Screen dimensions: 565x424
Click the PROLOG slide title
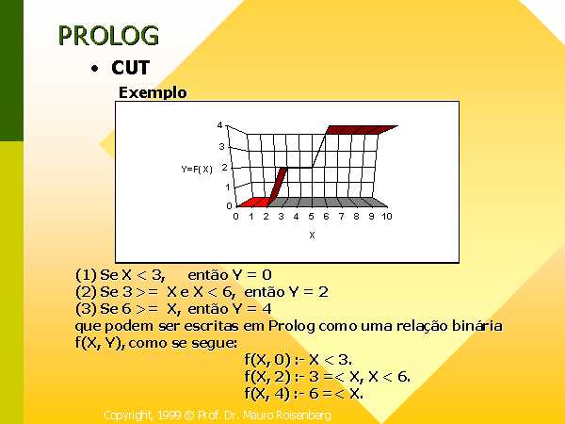(108, 36)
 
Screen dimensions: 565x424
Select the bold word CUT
(131, 68)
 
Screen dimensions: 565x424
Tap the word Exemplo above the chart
(153, 92)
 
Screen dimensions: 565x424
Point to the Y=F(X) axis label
(197, 169)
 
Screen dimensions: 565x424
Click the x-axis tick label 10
(387, 217)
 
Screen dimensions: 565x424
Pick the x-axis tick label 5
(311, 217)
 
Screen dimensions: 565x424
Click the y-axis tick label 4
(219, 125)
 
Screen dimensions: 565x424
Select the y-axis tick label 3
(221, 146)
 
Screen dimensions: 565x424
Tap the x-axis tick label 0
(235, 217)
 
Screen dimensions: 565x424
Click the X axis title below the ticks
(312, 235)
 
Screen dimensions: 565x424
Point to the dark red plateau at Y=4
(362, 130)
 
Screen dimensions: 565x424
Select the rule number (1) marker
(86, 275)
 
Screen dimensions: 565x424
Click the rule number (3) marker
(86, 309)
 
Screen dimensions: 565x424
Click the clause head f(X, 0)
(267, 360)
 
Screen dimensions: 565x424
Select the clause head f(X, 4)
(267, 393)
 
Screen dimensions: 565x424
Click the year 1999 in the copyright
(169, 416)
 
